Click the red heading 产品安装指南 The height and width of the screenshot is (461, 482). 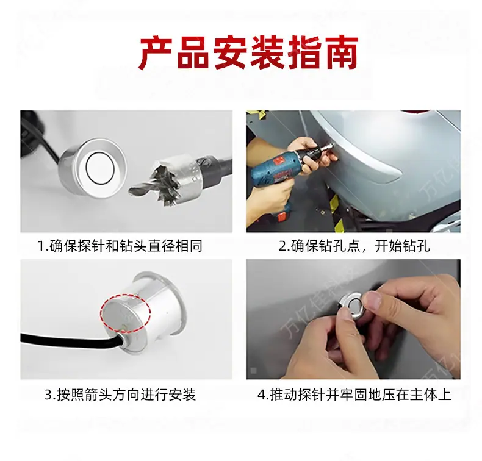pos(248,53)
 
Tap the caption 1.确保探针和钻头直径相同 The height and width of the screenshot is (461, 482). pos(120,246)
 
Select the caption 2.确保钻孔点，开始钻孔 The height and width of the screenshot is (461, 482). pos(354,246)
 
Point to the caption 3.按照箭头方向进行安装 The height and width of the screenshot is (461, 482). pos(120,395)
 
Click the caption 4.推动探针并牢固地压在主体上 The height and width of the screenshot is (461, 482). pos(354,395)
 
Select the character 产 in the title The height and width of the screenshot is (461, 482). pos(156,53)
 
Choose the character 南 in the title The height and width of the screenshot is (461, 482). pos(340,53)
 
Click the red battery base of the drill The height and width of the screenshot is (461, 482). pos(282,216)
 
